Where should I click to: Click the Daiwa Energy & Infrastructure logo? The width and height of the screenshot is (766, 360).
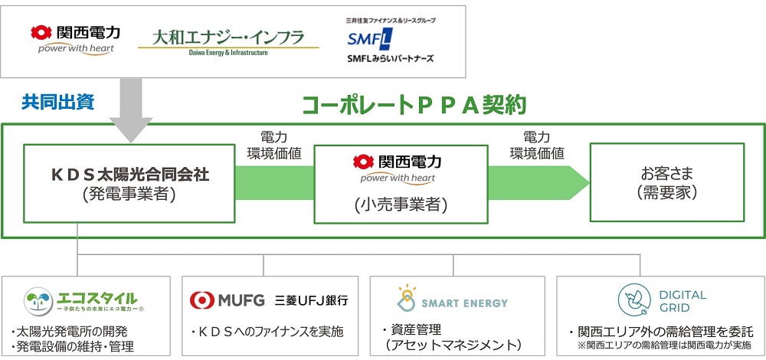(x=228, y=41)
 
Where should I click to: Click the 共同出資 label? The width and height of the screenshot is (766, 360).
(x=57, y=100)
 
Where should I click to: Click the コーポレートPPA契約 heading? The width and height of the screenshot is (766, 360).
(x=414, y=105)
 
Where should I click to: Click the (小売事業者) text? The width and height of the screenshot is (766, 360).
(x=401, y=205)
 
